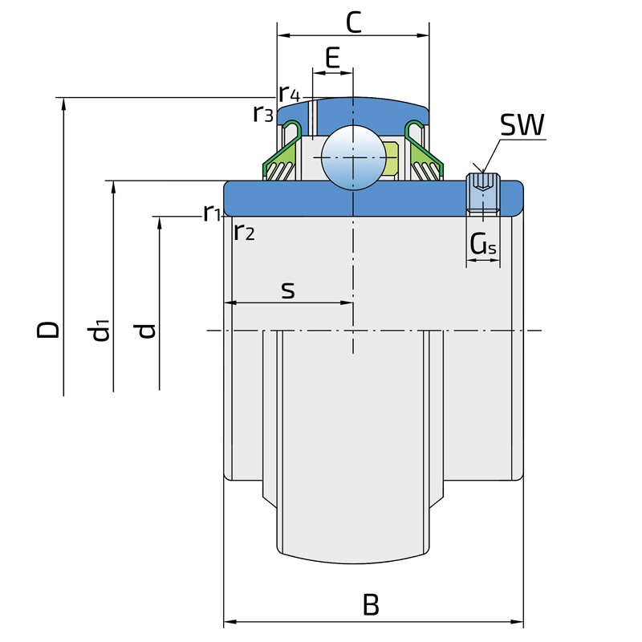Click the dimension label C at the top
point(354,22)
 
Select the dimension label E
point(332,58)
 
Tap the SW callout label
point(522,125)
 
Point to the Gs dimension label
point(483,244)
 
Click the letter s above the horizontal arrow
point(288,291)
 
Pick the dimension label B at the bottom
point(371,604)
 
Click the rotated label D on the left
point(48,329)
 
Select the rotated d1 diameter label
point(99,330)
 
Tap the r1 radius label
point(212,213)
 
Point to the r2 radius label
point(245,232)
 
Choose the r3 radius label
point(263,113)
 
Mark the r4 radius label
point(290,94)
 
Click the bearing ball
point(353,157)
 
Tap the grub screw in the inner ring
point(483,193)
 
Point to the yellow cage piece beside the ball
point(392,159)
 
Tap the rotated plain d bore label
point(145,331)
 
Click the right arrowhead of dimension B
point(518,623)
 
